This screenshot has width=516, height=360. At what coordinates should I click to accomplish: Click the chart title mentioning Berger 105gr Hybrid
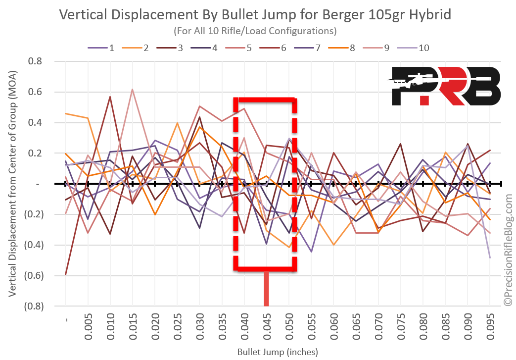coord(255,14)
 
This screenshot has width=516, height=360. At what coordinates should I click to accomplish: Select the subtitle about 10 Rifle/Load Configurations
coord(255,31)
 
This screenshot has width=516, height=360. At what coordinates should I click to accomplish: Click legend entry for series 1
coord(101,48)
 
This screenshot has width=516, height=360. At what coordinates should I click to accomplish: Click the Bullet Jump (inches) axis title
coord(277,352)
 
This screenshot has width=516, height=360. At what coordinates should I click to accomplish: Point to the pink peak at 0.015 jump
coord(133,90)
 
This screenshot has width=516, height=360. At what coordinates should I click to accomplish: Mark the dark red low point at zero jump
coord(66,274)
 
